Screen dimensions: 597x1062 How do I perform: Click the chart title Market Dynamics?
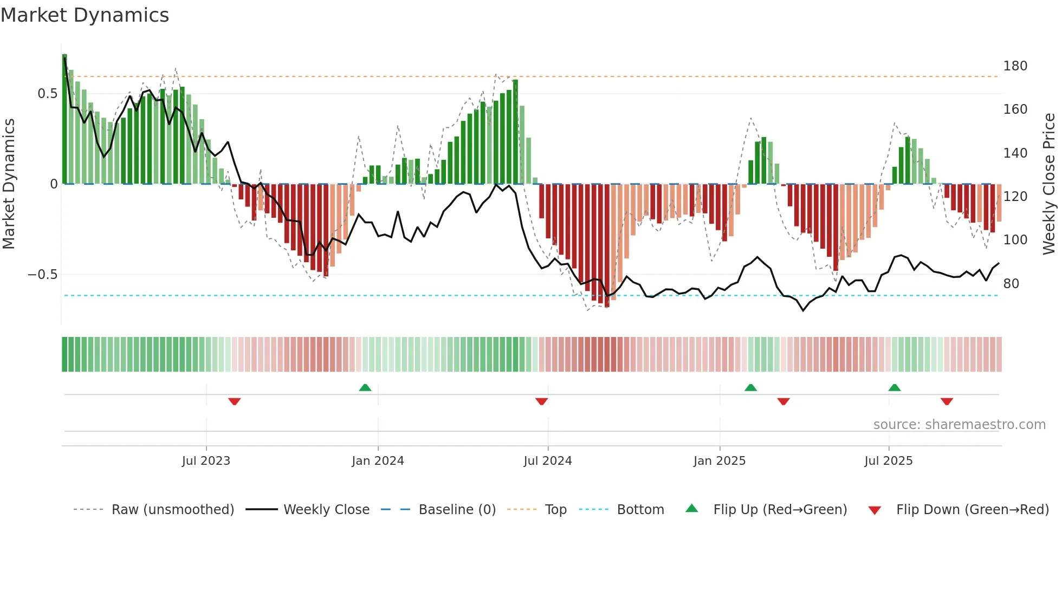coord(85,15)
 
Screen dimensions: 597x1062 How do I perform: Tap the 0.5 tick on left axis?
coord(47,94)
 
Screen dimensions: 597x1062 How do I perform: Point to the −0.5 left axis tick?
coord(43,275)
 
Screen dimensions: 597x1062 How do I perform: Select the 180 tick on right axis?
coord(1015,66)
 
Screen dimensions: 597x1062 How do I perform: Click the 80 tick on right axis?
coord(1011,284)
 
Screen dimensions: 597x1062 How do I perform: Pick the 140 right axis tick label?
coord(1015,153)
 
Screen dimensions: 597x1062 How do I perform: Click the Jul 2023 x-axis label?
coord(206,461)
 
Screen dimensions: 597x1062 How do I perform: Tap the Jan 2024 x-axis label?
coord(378,461)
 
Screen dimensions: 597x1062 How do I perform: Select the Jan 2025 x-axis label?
coord(719,461)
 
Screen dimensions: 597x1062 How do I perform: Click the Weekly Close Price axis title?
coord(1049,184)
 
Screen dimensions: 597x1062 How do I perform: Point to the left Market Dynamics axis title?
coord(9,184)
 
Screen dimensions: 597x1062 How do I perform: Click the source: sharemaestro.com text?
coord(959,425)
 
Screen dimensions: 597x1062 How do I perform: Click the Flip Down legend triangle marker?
coord(875,510)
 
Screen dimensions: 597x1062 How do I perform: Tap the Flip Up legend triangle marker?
coord(692,509)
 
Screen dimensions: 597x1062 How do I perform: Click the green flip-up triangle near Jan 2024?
coord(365,388)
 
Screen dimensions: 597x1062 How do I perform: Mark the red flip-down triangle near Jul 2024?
coord(541,401)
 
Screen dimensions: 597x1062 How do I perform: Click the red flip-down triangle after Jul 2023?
coord(234,401)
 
